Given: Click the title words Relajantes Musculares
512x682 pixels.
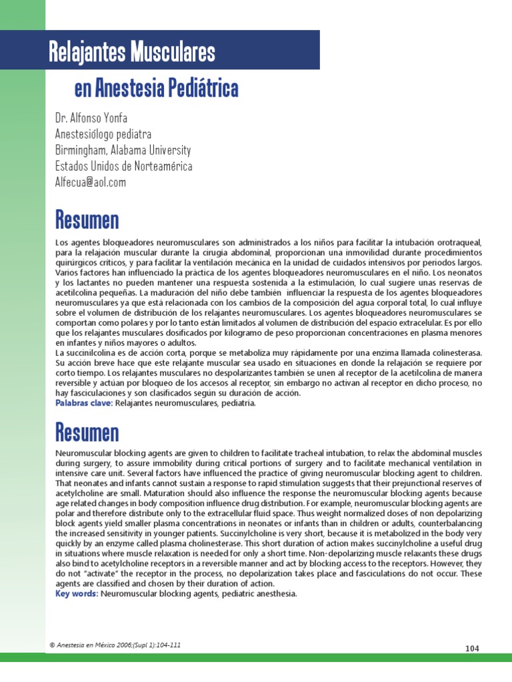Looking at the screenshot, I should tap(132, 51).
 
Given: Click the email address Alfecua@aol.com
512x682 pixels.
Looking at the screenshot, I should tap(91, 182).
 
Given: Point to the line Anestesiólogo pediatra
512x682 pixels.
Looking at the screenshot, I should tap(103, 134).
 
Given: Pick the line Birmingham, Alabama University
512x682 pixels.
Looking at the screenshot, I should tap(123, 150).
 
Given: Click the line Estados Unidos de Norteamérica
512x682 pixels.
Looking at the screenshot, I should tap(123, 166).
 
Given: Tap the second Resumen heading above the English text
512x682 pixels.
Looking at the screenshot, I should tap(87, 432).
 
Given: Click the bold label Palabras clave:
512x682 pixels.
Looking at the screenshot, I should tap(84, 403).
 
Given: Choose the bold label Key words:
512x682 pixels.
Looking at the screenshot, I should tap(77, 593).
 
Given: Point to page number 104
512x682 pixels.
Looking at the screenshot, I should tap(471, 648).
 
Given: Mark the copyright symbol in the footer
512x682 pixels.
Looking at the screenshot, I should tap(52, 645).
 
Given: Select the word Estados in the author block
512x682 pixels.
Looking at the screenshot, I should tap(70, 166).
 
